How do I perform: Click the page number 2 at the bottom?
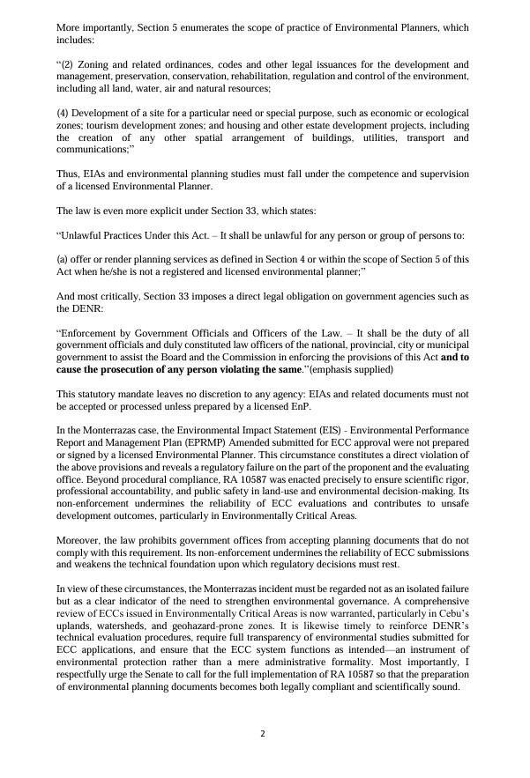[264, 733]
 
